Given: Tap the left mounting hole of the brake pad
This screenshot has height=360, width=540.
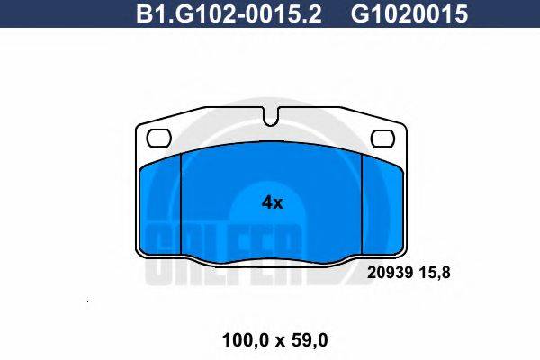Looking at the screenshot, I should click(x=158, y=138).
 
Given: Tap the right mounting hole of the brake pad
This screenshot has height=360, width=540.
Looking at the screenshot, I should click(x=384, y=138).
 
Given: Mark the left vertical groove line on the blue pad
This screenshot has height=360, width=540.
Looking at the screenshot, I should click(x=182, y=207).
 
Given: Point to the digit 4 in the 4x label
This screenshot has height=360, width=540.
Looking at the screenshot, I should click(x=266, y=203).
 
